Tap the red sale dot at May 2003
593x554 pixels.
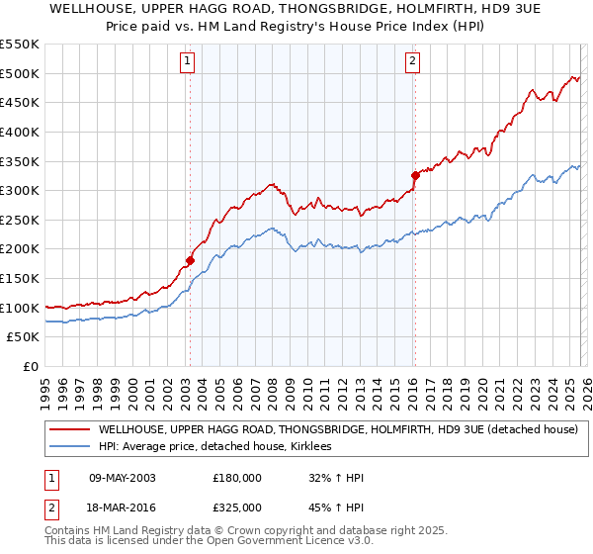190,261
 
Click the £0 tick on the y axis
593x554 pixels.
30,367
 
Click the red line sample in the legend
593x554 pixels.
69,430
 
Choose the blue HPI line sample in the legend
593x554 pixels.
69,447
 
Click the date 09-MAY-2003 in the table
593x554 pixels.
122,478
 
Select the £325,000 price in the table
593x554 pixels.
237,507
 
